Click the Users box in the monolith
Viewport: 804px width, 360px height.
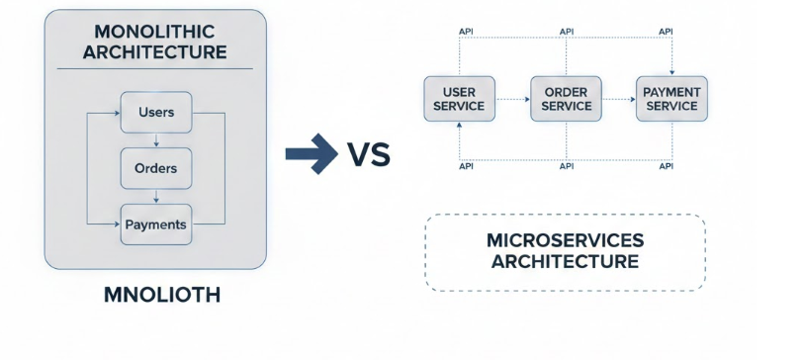coord(156,112)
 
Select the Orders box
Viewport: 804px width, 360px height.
coord(156,168)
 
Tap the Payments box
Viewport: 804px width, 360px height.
coord(156,225)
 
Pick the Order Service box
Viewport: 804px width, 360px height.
coord(567,99)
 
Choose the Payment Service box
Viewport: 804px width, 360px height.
coord(671,99)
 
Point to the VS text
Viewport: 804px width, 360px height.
coord(368,155)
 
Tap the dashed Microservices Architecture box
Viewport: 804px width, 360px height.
coord(565,252)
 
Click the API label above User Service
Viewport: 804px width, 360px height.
coord(466,32)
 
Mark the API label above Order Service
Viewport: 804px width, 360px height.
coord(567,32)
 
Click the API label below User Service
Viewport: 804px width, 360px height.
coord(466,167)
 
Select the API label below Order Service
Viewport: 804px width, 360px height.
coord(567,167)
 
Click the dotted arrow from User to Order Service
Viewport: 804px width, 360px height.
coord(511,99)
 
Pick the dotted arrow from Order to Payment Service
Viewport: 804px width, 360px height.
coord(618,99)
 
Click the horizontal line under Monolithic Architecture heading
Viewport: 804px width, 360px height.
coord(155,69)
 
